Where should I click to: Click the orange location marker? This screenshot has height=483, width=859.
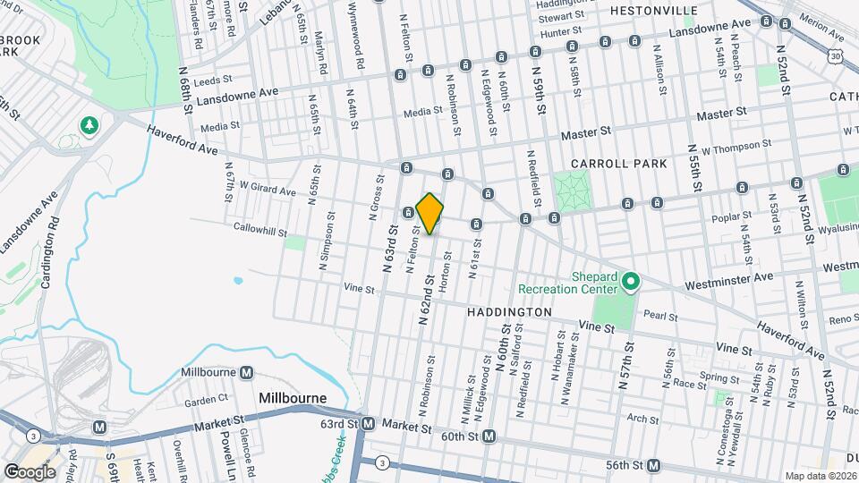point(429,214)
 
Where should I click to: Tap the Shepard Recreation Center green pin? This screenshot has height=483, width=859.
point(630,283)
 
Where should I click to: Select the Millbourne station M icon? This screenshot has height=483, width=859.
point(246,372)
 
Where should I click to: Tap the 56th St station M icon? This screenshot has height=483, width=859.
point(655,466)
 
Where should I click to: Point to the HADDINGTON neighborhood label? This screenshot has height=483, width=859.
point(508,312)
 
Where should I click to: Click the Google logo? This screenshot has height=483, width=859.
point(30,471)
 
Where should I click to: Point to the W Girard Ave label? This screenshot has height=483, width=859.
point(268,191)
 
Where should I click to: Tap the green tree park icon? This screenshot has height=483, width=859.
point(89,126)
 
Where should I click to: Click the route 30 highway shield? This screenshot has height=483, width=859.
point(834,56)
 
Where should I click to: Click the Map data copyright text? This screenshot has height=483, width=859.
point(820,476)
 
